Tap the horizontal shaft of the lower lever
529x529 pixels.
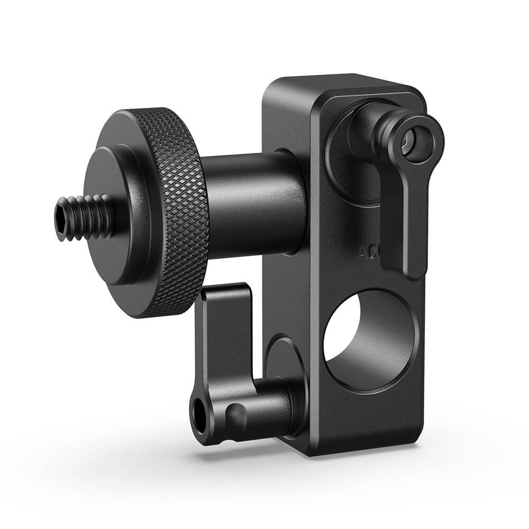click(270, 407)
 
